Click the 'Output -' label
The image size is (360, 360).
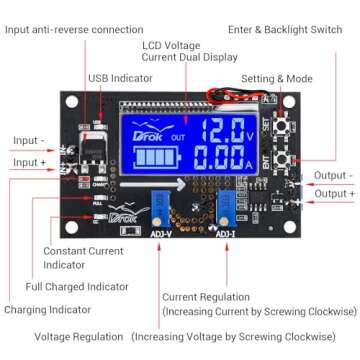pyautogui.click(x=333, y=175)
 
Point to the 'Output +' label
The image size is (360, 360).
pyautogui.click(x=334, y=193)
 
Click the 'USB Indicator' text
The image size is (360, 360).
pyautogui.click(x=119, y=77)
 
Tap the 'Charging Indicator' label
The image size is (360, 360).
pyautogui.click(x=52, y=310)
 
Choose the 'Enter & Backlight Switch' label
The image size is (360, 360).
pyautogui.click(x=285, y=30)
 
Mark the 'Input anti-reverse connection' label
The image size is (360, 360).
pyautogui.click(x=74, y=30)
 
